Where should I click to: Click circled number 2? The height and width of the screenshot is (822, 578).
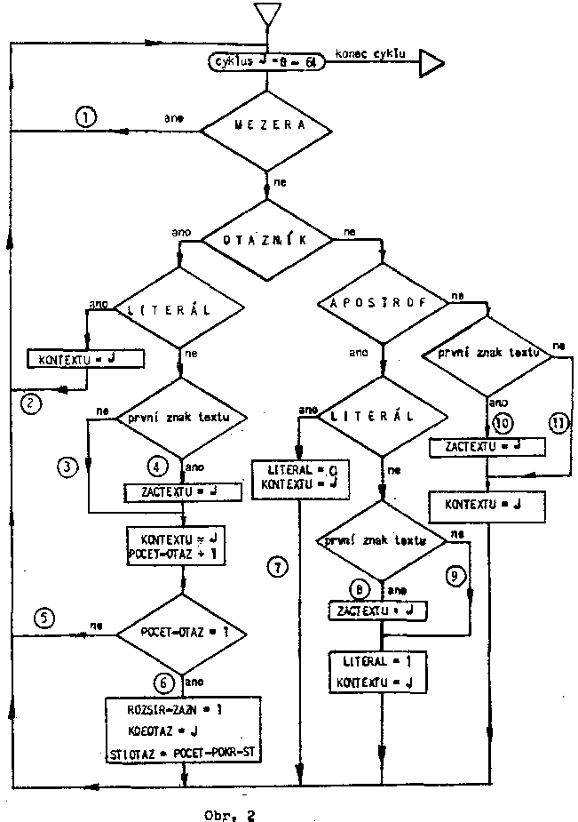pos(30,403)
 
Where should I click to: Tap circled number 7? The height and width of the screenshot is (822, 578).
pos(280,568)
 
